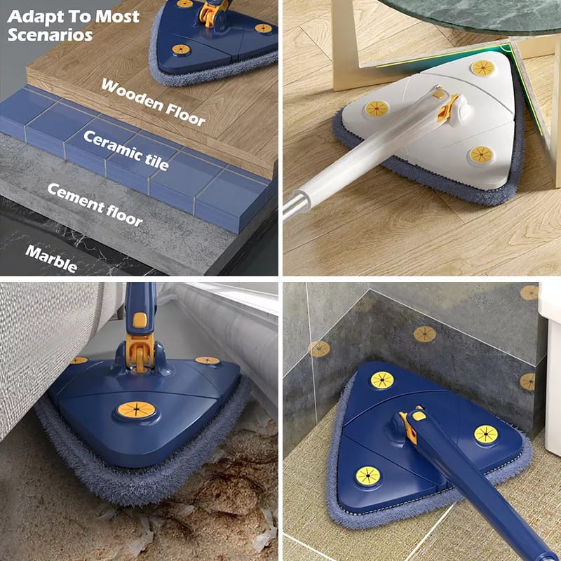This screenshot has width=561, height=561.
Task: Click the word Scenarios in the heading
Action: coord(50,34)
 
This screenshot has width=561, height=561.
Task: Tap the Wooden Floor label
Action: coord(153,102)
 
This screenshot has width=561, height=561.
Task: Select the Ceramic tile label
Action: coord(126,149)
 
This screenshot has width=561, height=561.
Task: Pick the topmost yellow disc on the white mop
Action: coord(482,68)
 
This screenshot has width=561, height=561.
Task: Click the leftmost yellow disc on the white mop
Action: coord(377,109)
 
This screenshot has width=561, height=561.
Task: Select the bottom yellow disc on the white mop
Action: coord(482,155)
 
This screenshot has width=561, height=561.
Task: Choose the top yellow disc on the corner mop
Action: coord(382,380)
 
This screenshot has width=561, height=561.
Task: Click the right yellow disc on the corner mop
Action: coord(485,434)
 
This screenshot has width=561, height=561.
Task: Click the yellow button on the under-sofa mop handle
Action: coord(140,320)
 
